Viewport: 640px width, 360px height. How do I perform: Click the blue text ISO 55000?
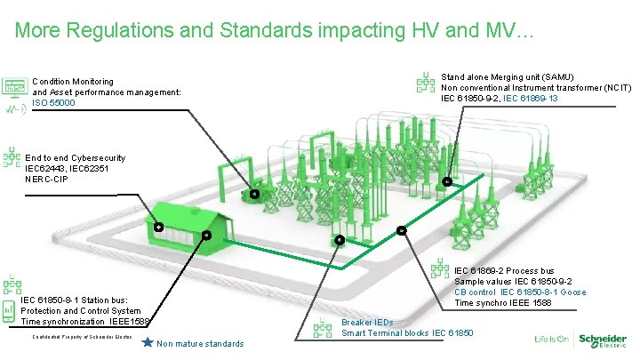[x=53, y=103]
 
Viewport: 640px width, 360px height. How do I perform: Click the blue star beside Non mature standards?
[x=148, y=342]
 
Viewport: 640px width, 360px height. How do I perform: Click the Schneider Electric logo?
[x=602, y=340]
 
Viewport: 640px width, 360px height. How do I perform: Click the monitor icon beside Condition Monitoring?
[x=13, y=86]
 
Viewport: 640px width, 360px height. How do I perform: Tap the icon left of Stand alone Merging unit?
[x=427, y=83]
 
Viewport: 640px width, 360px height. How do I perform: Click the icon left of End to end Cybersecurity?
[x=12, y=157]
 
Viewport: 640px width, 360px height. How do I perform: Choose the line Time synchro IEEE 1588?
[x=502, y=302]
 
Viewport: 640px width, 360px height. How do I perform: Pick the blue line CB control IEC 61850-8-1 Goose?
[x=520, y=292]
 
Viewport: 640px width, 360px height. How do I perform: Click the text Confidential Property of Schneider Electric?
[x=82, y=339]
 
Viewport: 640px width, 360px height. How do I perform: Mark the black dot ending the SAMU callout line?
[x=447, y=182]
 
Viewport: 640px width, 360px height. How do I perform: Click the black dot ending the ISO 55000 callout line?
[x=253, y=194]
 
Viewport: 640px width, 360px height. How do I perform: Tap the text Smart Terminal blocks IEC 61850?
[x=407, y=332]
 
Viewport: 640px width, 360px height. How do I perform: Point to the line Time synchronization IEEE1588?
[x=86, y=321]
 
